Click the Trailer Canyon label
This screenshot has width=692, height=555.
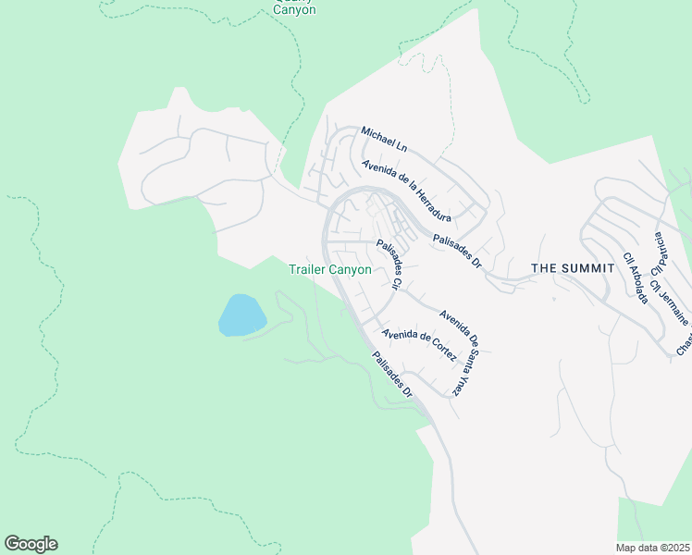click(x=329, y=269)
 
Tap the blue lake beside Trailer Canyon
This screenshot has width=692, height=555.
click(x=241, y=315)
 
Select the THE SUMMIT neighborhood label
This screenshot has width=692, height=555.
click(x=573, y=267)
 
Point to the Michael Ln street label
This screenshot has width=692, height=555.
click(x=384, y=139)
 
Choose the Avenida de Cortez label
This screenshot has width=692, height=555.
click(x=419, y=345)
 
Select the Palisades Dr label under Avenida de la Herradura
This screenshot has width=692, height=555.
click(x=457, y=249)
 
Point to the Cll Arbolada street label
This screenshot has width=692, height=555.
click(x=634, y=277)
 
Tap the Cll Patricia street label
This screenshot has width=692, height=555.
click(x=661, y=254)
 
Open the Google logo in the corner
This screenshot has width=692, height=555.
click(x=31, y=544)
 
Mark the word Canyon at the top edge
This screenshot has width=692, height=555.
click(x=294, y=10)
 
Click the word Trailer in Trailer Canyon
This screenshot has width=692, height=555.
click(x=308, y=269)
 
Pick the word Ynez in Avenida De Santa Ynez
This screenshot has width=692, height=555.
click(x=455, y=384)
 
